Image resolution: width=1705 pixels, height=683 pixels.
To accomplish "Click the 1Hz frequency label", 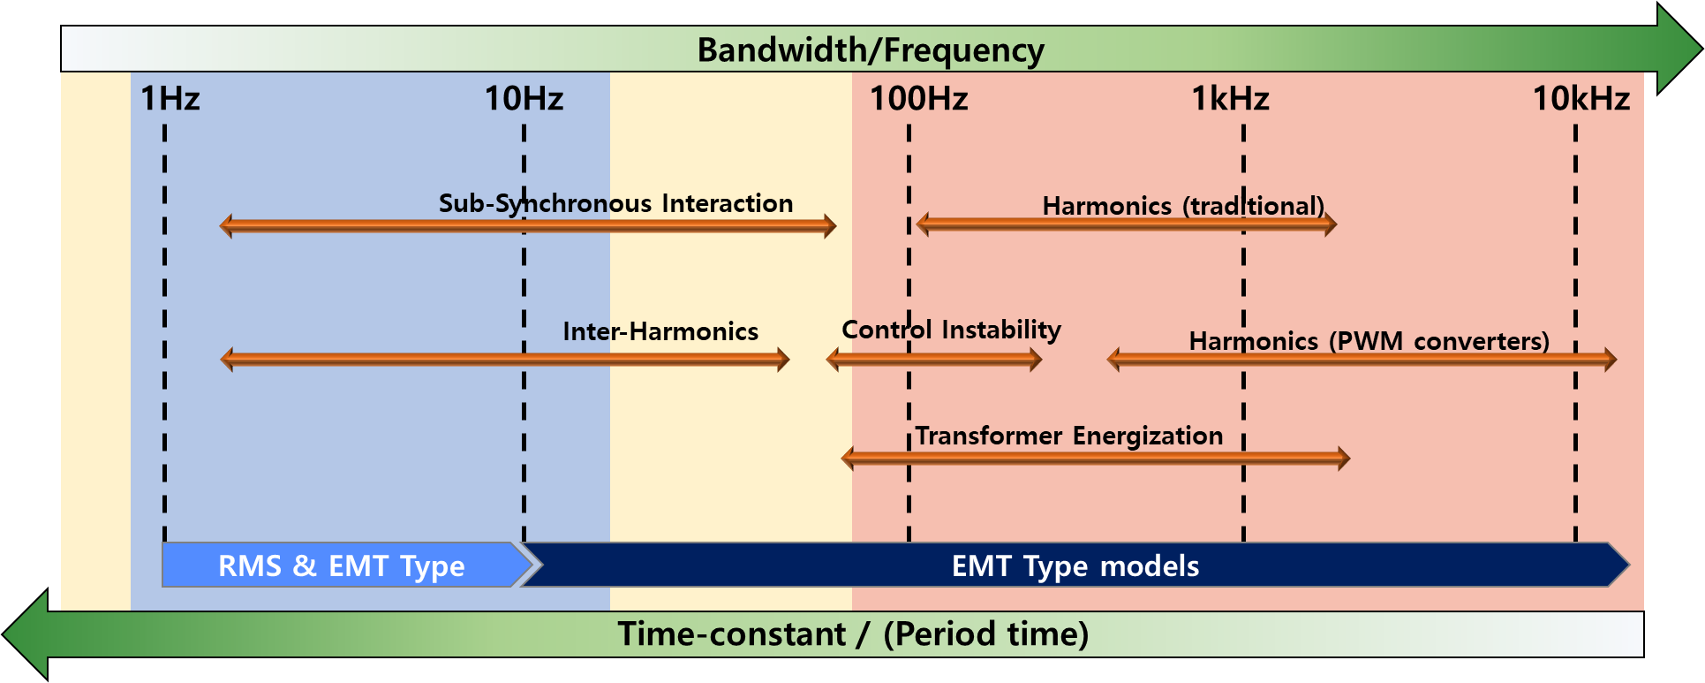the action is point(170,98).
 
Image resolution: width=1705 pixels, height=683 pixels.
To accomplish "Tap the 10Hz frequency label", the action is point(524,98).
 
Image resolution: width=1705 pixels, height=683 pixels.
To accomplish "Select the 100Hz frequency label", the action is point(919,98).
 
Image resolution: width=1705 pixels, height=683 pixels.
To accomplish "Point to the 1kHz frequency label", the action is point(1230,98).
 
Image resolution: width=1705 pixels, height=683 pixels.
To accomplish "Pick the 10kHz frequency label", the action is point(1581,98).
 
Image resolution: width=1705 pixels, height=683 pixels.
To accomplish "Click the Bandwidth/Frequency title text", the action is point(871,49).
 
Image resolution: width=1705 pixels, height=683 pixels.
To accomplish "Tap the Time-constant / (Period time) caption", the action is point(853,634).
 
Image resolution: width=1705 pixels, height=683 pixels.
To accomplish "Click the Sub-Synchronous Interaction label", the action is point(615,203).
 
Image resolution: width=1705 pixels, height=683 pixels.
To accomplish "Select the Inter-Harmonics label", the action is point(660,331).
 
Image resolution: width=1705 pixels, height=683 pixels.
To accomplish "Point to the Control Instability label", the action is point(951,330).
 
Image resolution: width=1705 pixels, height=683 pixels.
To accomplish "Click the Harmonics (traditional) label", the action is point(1183,206).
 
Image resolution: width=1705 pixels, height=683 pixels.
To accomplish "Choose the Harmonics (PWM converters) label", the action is point(1369,341).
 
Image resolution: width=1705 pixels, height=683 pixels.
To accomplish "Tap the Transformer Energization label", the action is point(1068,436).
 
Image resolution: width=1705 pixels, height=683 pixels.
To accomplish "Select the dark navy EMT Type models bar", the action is point(1075,565).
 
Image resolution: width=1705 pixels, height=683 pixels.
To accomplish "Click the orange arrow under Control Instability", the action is point(934,360).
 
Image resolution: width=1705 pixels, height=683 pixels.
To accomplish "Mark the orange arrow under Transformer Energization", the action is point(1096,458).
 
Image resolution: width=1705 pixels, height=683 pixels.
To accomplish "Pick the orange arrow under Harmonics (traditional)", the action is point(1127,224).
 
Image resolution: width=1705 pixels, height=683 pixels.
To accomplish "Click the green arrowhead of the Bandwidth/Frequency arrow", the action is point(1679,49).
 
